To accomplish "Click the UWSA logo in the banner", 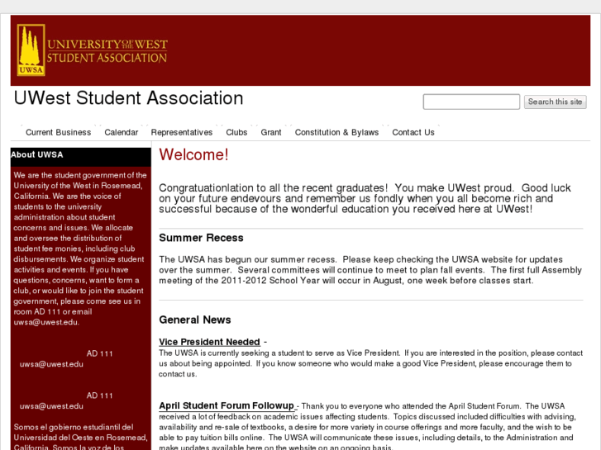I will click(31, 50).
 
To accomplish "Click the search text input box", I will click(471, 102).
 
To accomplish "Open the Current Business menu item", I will click(58, 132).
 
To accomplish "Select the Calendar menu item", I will click(121, 132).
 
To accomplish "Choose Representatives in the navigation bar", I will click(181, 132).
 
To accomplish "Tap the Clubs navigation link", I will click(236, 132).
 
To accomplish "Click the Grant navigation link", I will click(271, 132).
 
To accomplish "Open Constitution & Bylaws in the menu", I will click(336, 132).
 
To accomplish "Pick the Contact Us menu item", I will click(413, 132).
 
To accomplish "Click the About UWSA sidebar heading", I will click(36, 154).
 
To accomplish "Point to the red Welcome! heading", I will click(193, 155).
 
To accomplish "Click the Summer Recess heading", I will click(201, 238).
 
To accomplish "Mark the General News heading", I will click(195, 320).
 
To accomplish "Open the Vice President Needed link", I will click(209, 342).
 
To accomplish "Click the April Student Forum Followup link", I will click(227, 405).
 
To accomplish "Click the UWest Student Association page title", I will click(128, 98).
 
